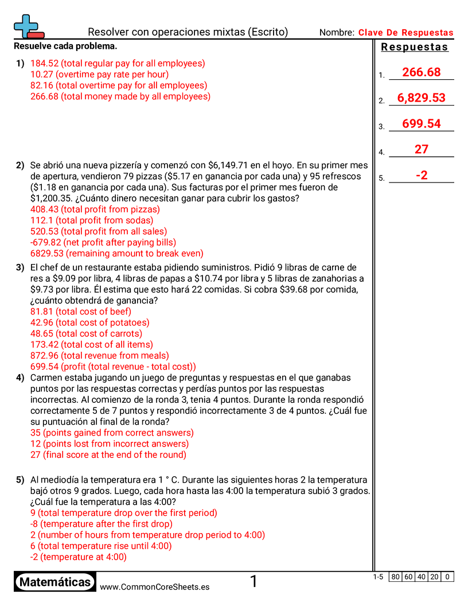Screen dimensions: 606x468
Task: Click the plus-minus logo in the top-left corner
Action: point(28,26)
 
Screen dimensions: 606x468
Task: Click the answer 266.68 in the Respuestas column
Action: point(421,72)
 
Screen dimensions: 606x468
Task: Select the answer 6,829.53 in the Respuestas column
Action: point(421,98)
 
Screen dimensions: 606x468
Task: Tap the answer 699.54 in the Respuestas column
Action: point(421,124)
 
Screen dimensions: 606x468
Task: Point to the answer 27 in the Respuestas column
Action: point(421,150)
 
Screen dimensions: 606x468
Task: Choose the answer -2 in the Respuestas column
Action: point(421,176)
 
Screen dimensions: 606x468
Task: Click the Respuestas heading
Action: point(415,48)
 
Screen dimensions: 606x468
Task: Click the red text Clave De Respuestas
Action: point(405,33)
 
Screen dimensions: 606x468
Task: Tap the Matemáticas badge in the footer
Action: point(55,582)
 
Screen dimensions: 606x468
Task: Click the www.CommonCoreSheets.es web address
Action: point(154,586)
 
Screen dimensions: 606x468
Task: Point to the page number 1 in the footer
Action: point(253,582)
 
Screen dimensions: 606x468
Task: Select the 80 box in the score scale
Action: point(395,577)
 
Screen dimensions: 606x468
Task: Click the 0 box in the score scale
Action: point(447,577)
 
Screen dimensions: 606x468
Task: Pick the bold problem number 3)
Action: point(20,267)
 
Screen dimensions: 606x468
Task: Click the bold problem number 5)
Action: point(20,480)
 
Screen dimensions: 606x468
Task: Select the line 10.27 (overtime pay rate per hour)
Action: point(99,75)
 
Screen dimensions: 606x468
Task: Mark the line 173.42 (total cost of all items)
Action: point(92,345)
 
